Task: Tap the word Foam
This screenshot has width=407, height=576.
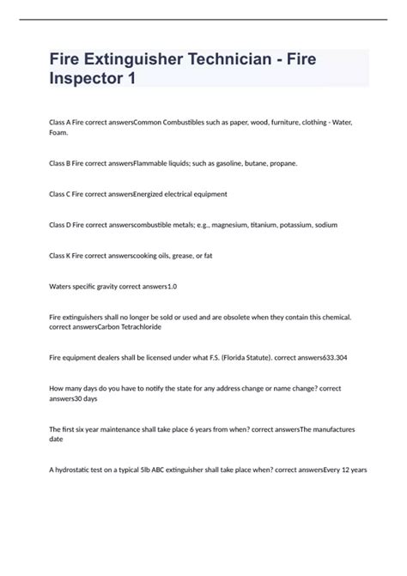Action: point(58,133)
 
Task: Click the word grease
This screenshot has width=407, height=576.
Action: point(180,256)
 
